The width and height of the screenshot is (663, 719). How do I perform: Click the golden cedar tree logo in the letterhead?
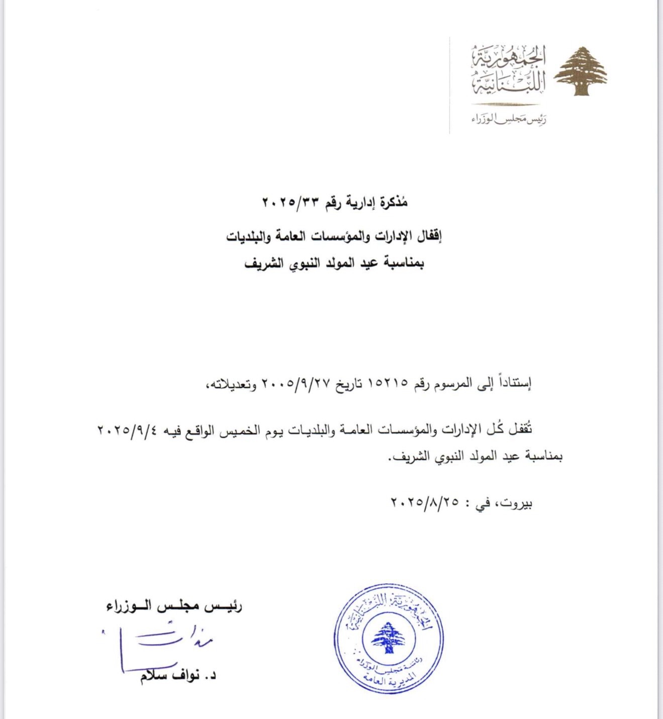click(581, 71)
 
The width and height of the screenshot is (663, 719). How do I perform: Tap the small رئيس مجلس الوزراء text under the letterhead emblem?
click(509, 120)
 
